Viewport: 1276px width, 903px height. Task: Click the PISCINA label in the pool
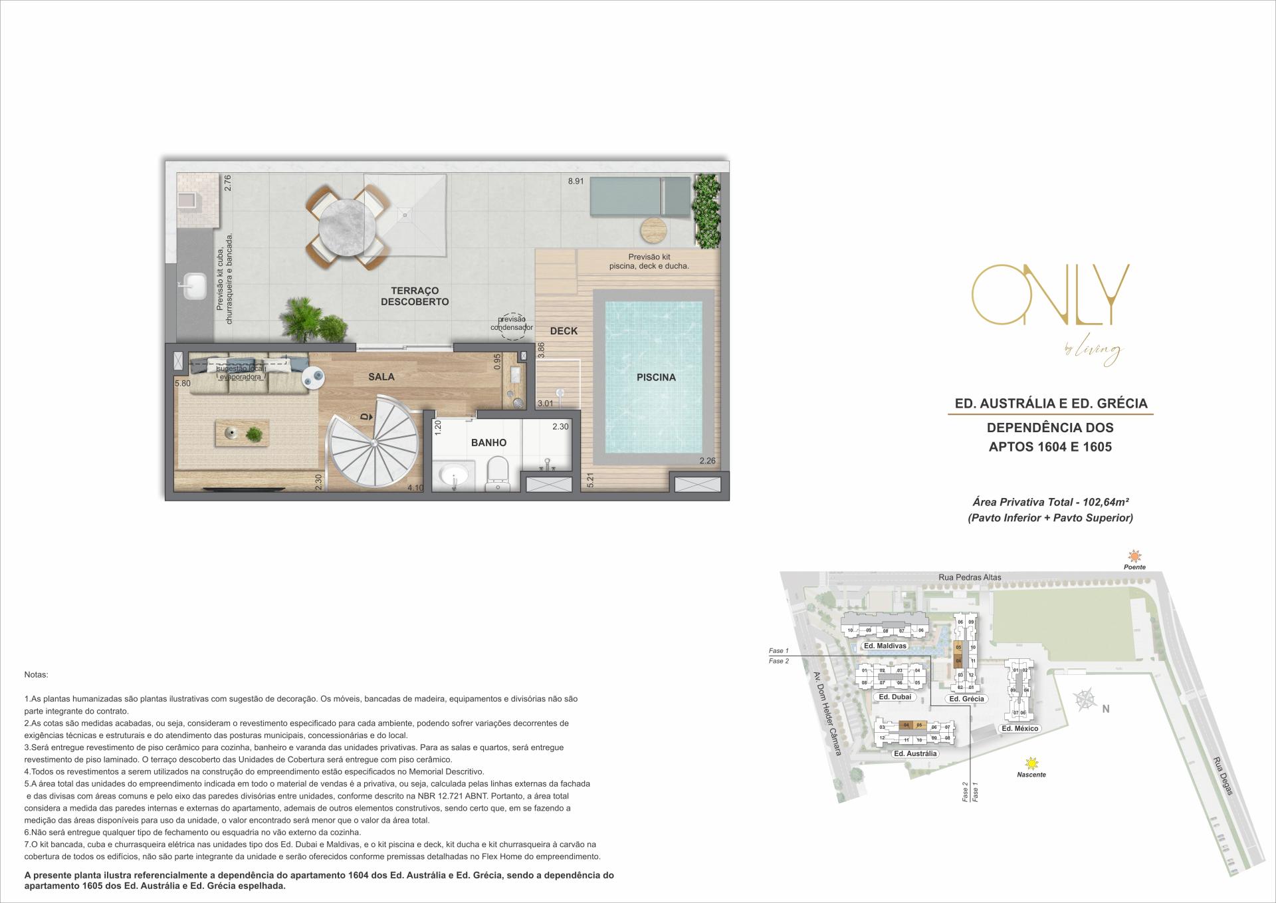click(656, 377)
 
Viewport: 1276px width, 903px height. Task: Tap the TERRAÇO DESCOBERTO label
click(415, 296)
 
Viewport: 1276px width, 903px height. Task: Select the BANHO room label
click(488, 442)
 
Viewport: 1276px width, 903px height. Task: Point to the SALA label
click(381, 376)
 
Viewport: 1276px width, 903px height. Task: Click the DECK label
click(564, 330)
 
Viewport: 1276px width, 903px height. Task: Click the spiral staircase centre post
click(374, 442)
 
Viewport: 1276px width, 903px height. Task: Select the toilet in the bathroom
click(497, 473)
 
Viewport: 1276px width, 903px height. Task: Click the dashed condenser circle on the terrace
click(512, 326)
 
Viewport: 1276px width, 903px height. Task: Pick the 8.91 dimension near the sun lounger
click(576, 181)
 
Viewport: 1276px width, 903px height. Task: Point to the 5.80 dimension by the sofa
click(183, 384)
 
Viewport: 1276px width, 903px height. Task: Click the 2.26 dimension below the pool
click(707, 461)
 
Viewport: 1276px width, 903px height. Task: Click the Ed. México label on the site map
click(1019, 728)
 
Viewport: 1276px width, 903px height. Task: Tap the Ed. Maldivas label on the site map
click(885, 646)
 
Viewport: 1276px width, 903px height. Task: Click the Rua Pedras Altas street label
click(970, 577)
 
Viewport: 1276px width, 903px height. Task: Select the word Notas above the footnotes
click(36, 675)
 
